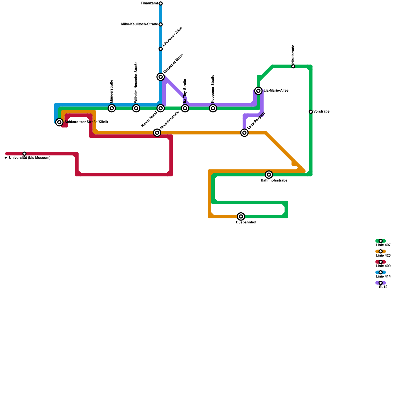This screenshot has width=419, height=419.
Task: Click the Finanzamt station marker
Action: pyautogui.click(x=161, y=3)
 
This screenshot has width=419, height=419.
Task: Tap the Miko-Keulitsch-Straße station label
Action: pyautogui.click(x=139, y=24)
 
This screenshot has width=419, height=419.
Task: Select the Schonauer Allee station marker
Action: pyautogui.click(x=161, y=49)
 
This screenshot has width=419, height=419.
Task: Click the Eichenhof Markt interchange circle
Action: pyautogui.click(x=161, y=77)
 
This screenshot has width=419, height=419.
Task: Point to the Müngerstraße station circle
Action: pyautogui.click(x=112, y=108)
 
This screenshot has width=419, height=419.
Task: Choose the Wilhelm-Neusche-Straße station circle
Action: pyautogui.click(x=136, y=108)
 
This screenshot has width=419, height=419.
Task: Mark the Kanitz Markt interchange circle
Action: pyautogui.click(x=161, y=108)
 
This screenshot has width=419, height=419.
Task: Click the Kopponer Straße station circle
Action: pyautogui.click(x=213, y=108)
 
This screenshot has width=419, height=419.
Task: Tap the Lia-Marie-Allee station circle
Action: pyautogui.click(x=258, y=91)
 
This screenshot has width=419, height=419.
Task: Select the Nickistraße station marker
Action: pyautogui.click(x=293, y=67)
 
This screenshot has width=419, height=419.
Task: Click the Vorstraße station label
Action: pyautogui.click(x=321, y=112)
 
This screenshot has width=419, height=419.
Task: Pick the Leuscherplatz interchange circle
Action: pyautogui.click(x=244, y=133)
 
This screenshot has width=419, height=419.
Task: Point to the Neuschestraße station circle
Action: pyautogui.click(x=157, y=133)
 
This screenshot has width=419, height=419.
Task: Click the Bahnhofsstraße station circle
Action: pyautogui.click(x=269, y=175)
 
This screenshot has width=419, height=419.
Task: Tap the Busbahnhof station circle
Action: pyautogui.click(x=241, y=217)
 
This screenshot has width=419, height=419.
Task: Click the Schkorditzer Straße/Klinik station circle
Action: pyautogui.click(x=59, y=122)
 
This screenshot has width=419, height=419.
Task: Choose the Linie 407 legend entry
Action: pyautogui.click(x=381, y=241)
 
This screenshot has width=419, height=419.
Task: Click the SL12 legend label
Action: pyautogui.click(x=383, y=287)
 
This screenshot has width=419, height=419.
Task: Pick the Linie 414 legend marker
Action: pyautogui.click(x=381, y=272)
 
